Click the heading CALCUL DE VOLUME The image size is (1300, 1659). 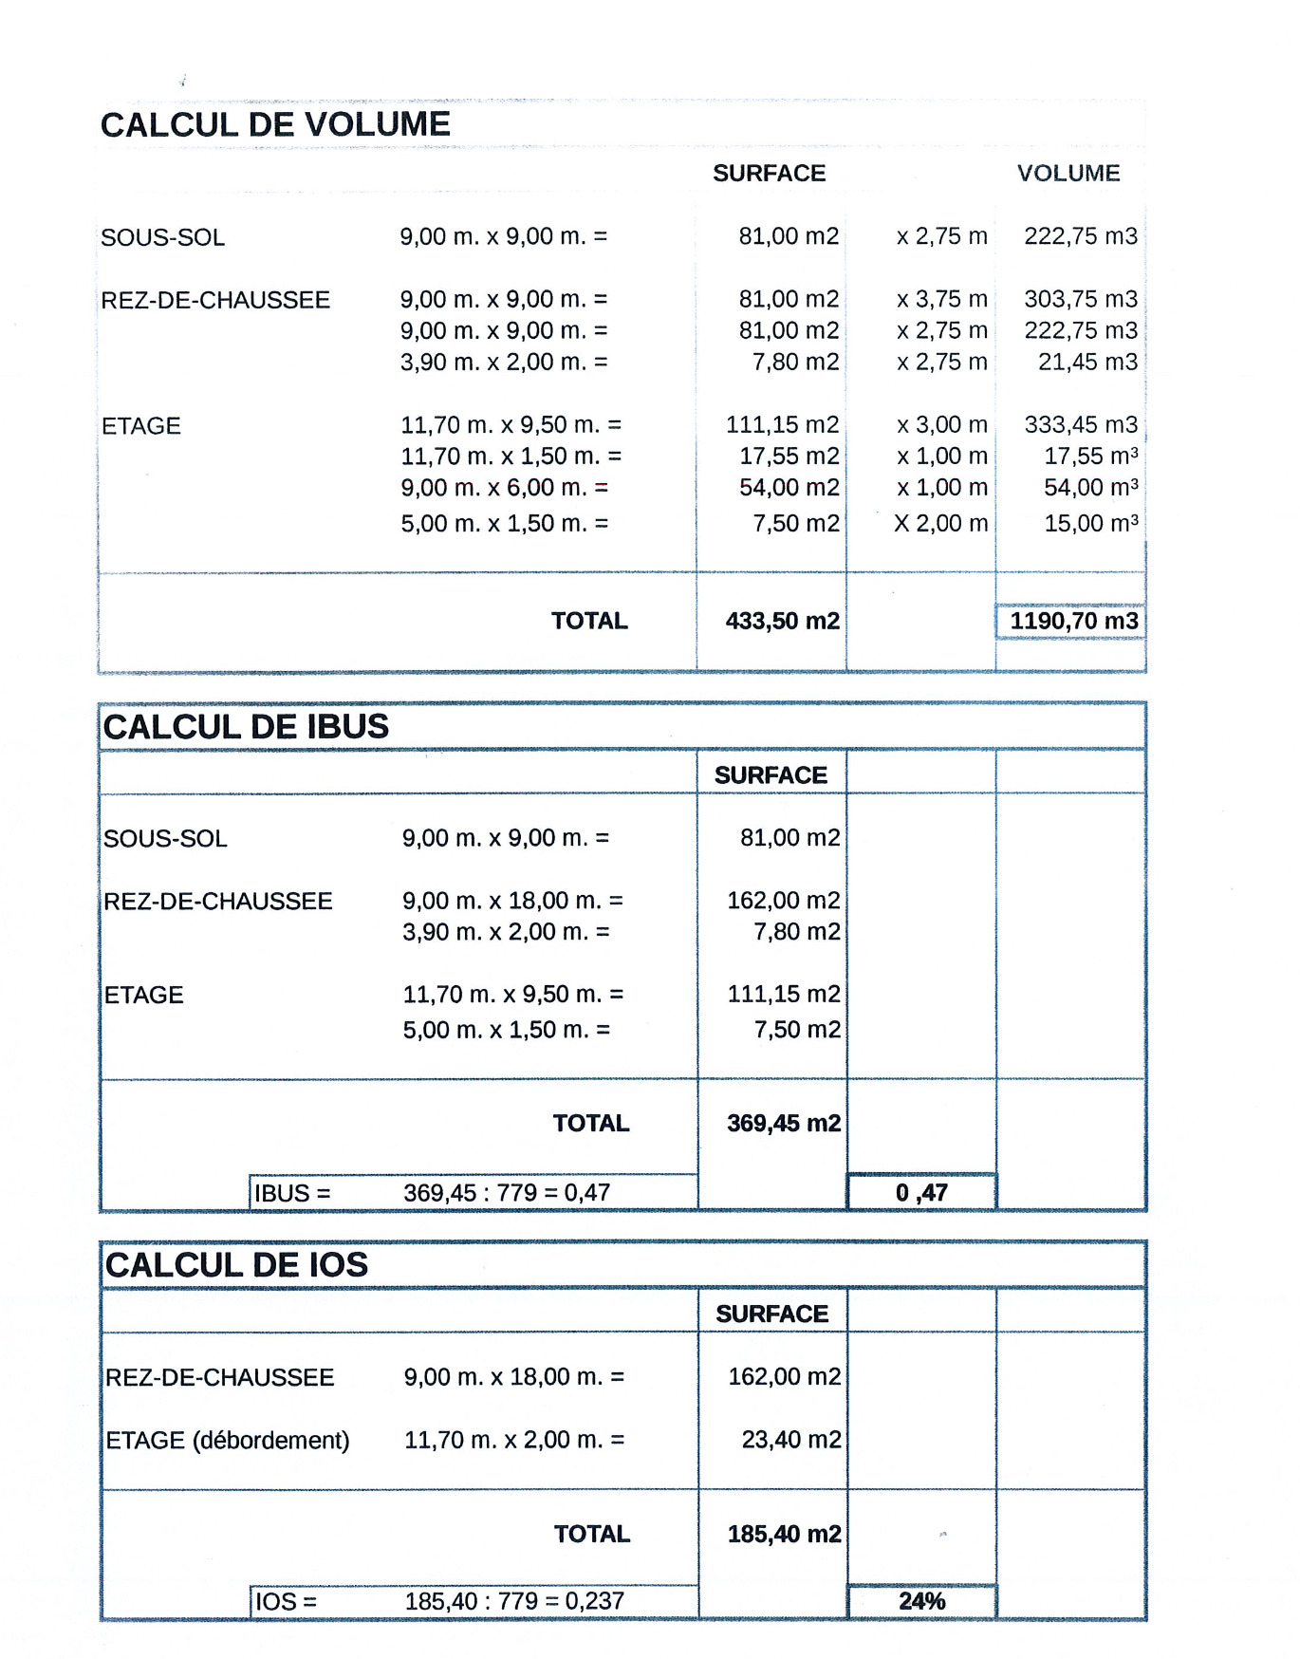tap(275, 124)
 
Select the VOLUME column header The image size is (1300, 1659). tap(1068, 174)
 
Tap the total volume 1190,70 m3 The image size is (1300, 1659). tap(1073, 622)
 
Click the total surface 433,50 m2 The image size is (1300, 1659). tap(782, 622)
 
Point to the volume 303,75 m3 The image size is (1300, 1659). tap(1080, 300)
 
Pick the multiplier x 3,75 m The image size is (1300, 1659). tap(941, 300)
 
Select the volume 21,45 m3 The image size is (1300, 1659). tap(1087, 363)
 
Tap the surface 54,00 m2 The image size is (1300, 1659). tap(789, 488)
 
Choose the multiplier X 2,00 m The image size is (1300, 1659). tap(940, 524)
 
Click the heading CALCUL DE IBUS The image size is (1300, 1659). tap(246, 727)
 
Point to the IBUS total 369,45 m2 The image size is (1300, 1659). tap(784, 1124)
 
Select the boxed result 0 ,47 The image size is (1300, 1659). tap(921, 1193)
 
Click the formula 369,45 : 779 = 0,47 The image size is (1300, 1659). tap(507, 1193)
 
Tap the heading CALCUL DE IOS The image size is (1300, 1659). tap(236, 1265)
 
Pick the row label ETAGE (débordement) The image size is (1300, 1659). tap(228, 1441)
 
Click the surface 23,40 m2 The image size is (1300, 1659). tap(790, 1441)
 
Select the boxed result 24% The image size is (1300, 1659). tap(921, 1602)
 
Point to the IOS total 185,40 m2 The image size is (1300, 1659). tap(784, 1535)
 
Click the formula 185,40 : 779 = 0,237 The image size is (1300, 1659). tap(514, 1602)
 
